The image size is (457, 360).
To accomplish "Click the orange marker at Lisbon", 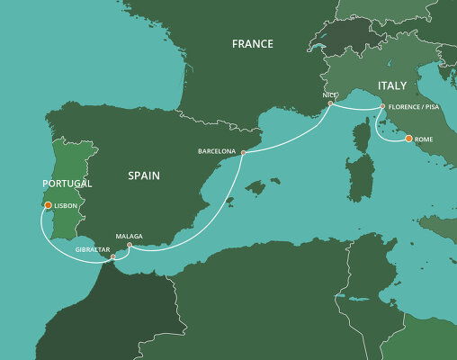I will (x=48, y=205).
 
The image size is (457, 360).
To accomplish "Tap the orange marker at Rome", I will (x=409, y=139).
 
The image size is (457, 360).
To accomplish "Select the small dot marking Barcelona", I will (x=244, y=153).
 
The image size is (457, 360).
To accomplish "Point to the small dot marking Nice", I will (x=331, y=103).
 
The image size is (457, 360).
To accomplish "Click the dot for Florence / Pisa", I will (x=382, y=107).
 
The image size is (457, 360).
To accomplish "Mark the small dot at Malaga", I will (x=130, y=246).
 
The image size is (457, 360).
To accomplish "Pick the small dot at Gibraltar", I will (x=112, y=257).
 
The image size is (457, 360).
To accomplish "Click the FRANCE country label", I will (x=253, y=43).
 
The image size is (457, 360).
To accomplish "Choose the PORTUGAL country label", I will (x=67, y=184).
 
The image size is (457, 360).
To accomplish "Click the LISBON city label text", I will (x=67, y=206).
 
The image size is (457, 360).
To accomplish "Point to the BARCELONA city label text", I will (x=216, y=152).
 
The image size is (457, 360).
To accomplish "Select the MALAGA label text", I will (x=129, y=236).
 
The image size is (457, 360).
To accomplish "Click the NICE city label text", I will (x=328, y=94).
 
